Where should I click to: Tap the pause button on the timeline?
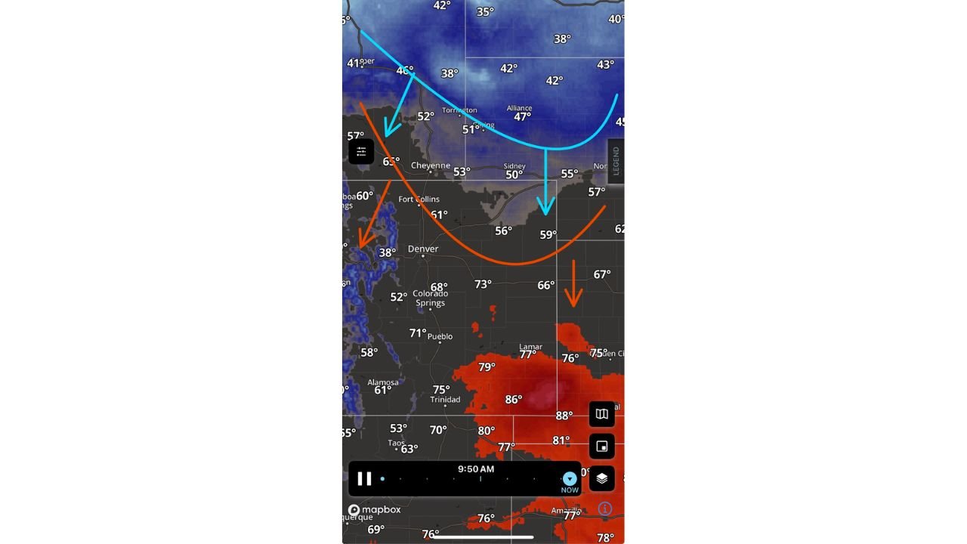coord(364,478)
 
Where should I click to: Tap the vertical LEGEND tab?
coord(616,161)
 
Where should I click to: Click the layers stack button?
coord(601,478)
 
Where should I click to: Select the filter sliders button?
coord(361,152)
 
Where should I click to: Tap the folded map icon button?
coord(601,414)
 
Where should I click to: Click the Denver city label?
coord(423,249)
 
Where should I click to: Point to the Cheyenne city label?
coord(431,165)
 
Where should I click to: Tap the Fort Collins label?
coord(419,199)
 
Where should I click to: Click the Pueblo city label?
coord(440,336)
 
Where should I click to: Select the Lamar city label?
coord(530,347)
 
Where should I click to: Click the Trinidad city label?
coord(445,400)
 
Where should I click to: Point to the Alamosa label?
coord(383,382)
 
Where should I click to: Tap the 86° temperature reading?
coord(513,400)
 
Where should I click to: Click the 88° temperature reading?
coord(564,416)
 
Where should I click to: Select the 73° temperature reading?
coord(483,284)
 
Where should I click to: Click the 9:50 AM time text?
coord(476,469)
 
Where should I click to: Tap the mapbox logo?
coord(374,510)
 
